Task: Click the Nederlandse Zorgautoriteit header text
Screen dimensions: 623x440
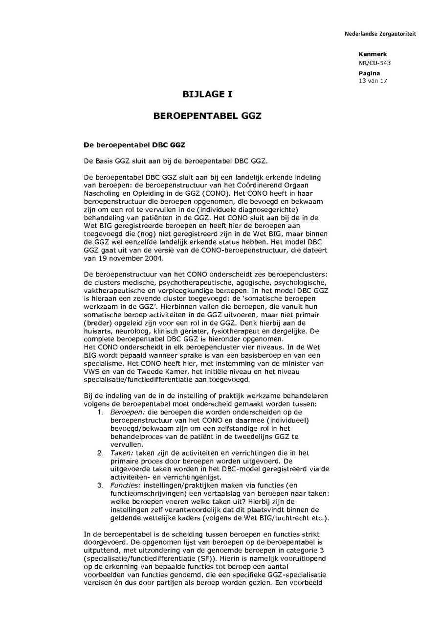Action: point(380,34)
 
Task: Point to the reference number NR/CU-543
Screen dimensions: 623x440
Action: point(374,63)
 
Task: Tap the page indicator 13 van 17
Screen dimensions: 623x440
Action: point(373,81)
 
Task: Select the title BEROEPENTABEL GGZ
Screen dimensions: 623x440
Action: point(207,116)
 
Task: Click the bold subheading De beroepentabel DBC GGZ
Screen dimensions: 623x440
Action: point(134,145)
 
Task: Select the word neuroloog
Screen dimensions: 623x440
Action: point(132,331)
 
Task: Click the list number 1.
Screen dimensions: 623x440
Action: point(100,412)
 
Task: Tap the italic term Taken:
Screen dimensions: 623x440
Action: point(121,453)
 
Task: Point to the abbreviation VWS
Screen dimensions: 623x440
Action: point(91,371)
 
